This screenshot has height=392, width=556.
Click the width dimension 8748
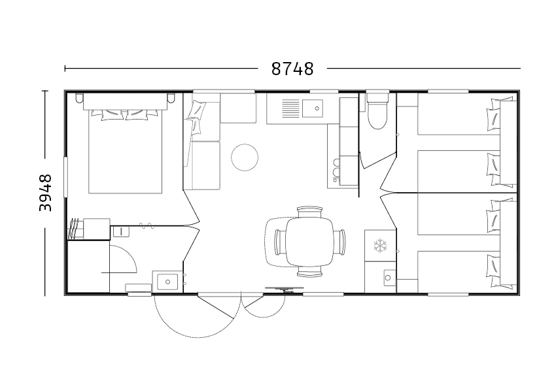click(292, 69)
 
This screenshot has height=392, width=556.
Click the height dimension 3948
click(45, 193)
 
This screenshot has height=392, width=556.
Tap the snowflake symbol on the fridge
click(380, 246)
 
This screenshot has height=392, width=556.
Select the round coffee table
click(245, 157)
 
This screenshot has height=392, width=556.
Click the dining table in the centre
click(309, 242)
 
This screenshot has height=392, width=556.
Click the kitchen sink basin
click(313, 108)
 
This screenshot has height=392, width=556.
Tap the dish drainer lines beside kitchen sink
click(291, 108)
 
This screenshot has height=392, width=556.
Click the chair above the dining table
click(309, 212)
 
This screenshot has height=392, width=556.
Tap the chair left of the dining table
click(280, 242)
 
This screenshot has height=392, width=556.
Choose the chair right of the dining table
click(339, 242)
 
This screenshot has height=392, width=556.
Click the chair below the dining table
click(309, 271)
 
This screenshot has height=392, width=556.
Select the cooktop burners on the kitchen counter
click(336, 168)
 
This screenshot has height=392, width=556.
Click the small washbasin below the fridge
click(389, 278)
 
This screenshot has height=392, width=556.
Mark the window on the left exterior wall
click(65, 177)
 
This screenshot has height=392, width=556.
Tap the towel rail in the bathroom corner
click(74, 229)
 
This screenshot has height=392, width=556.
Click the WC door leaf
click(377, 161)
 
